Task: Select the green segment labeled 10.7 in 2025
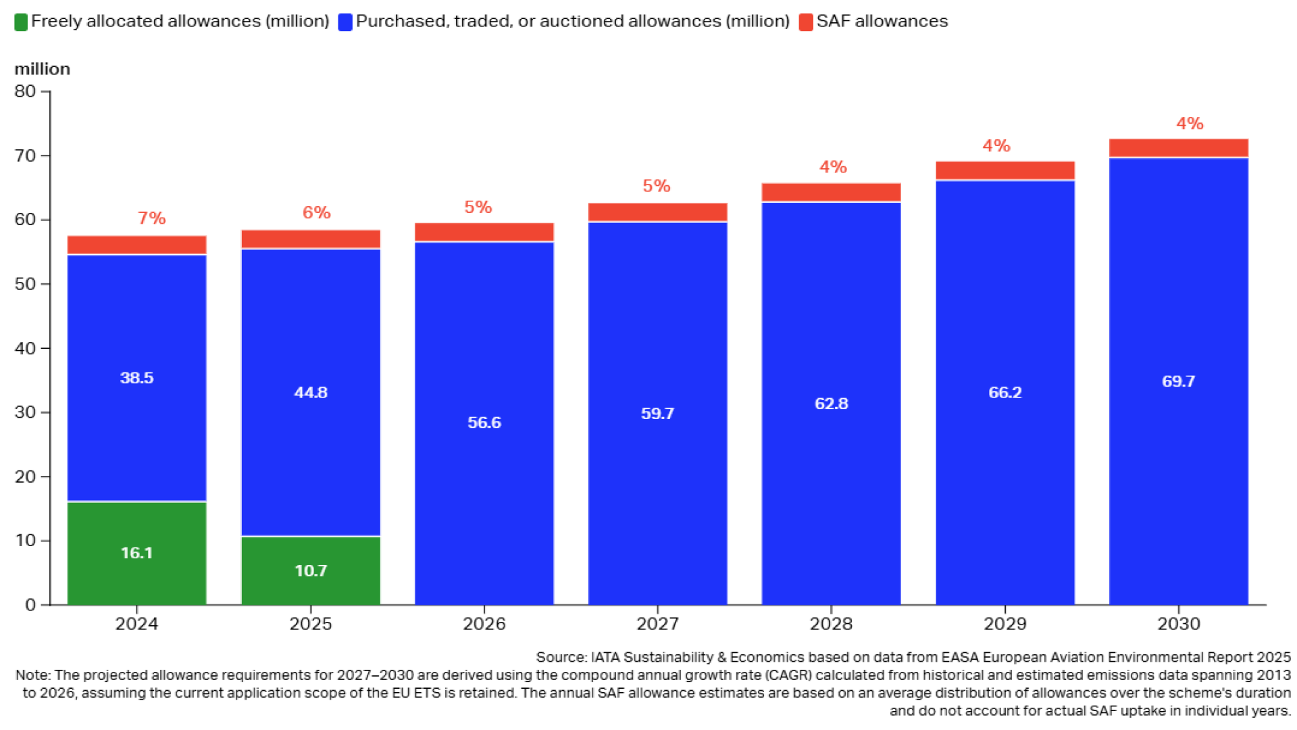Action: click(310, 570)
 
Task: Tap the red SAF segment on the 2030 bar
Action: click(1178, 148)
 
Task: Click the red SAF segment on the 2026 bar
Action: click(484, 232)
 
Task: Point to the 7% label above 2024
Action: click(151, 218)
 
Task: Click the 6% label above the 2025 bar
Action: click(316, 213)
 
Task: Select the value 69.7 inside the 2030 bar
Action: click(1178, 381)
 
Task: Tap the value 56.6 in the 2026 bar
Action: click(484, 422)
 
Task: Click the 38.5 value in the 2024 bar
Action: click(136, 378)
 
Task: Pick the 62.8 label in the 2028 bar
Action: click(831, 404)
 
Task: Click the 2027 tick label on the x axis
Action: click(657, 623)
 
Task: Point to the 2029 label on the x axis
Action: click(1004, 623)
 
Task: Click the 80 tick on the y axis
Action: click(25, 91)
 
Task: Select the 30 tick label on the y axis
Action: click(25, 412)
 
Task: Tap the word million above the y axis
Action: click(42, 69)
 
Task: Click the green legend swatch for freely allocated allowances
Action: click(21, 22)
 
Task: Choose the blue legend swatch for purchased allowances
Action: click(345, 22)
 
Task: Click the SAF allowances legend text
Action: click(882, 21)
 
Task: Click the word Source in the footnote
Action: click(561, 657)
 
